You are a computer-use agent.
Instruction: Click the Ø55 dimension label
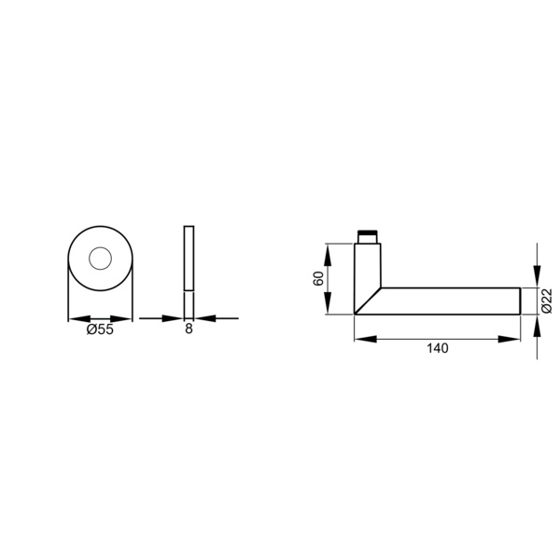tap(100, 329)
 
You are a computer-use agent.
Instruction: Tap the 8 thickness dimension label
tap(189, 329)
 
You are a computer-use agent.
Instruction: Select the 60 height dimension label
tap(318, 278)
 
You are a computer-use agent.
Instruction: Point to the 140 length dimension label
tap(438, 348)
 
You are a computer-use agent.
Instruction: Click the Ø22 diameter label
tap(547, 301)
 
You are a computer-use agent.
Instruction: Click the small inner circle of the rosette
tap(101, 259)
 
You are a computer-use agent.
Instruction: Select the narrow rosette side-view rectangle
tap(189, 258)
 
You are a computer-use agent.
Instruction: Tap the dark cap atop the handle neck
tap(368, 232)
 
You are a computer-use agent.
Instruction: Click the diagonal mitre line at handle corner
tap(368, 301)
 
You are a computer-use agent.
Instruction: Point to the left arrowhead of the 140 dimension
tap(365, 339)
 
